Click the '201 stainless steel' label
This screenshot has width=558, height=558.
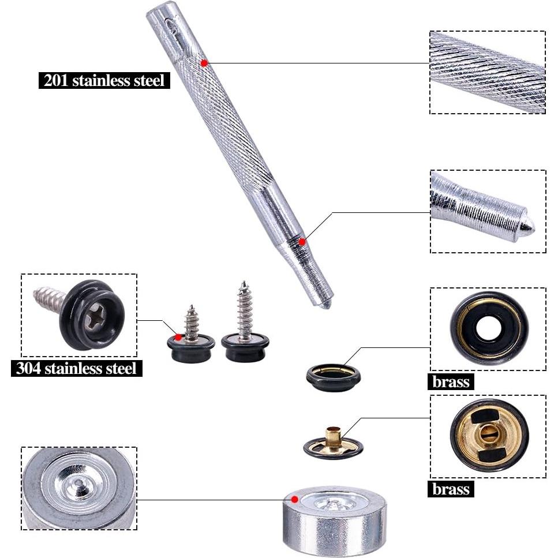tap(104, 80)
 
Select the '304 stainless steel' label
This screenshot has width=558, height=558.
tap(76, 368)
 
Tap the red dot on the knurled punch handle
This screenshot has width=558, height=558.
tap(204, 62)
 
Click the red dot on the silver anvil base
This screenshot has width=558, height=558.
tap(295, 499)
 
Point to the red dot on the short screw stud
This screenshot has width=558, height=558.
tap(178, 337)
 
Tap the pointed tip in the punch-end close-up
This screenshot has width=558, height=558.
tap(527, 226)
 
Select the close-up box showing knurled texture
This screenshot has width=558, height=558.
tap(488, 72)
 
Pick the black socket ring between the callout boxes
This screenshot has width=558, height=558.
tap(333, 377)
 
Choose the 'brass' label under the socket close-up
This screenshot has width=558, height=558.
tap(451, 381)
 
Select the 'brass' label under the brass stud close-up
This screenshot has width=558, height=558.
tap(451, 489)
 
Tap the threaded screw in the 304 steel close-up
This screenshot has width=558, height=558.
tap(48, 297)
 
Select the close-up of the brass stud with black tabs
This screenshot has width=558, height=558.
tap(488, 436)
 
